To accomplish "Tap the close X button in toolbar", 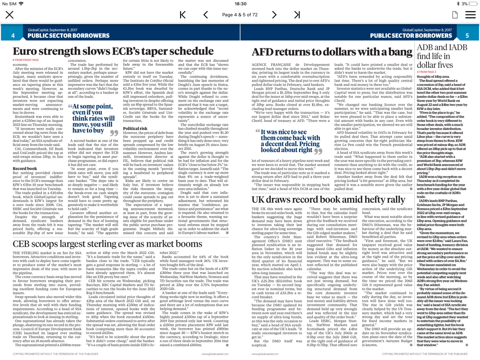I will (10, 15).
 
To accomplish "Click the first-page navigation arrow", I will (182, 15).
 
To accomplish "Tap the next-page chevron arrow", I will (274, 15).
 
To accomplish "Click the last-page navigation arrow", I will (297, 15).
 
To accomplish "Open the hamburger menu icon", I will (471, 15).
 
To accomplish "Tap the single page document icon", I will (455, 15).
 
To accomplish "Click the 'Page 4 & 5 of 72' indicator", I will (240, 15).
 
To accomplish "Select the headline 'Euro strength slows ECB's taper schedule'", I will (113, 52).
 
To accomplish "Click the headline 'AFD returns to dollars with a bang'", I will (332, 52).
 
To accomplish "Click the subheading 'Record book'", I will (24, 168).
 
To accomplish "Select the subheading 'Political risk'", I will (135, 129).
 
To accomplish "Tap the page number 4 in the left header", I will (13, 36).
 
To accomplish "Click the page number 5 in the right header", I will (467, 36).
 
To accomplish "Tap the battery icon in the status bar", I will (471, 4).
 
